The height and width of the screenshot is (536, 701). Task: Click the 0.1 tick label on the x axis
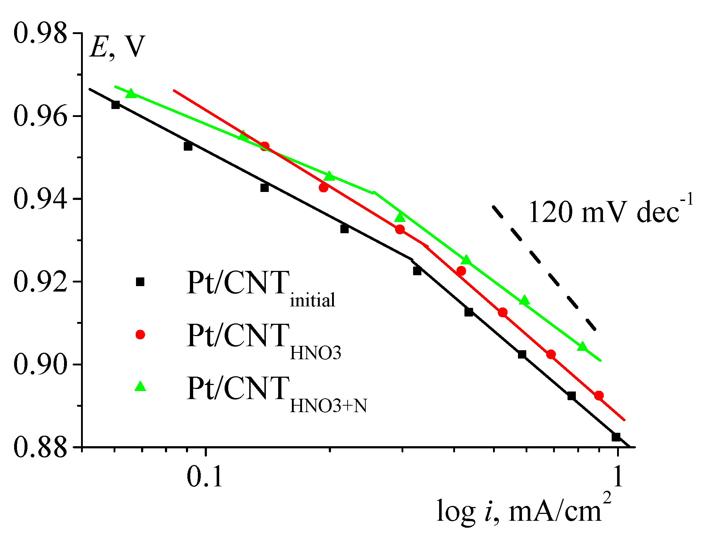(205, 477)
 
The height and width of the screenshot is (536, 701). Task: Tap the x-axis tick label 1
(618, 477)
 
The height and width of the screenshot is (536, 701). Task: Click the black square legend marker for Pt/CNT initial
(140, 282)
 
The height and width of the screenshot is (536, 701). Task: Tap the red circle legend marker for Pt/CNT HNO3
(140, 334)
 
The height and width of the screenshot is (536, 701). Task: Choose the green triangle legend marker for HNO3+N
(140, 387)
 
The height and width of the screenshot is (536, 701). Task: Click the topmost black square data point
(115, 105)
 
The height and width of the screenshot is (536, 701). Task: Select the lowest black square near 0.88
(616, 437)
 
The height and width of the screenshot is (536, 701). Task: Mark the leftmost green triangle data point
(131, 93)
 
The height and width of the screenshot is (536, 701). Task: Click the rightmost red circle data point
(599, 395)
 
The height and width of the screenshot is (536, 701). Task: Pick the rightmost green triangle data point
(582, 347)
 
